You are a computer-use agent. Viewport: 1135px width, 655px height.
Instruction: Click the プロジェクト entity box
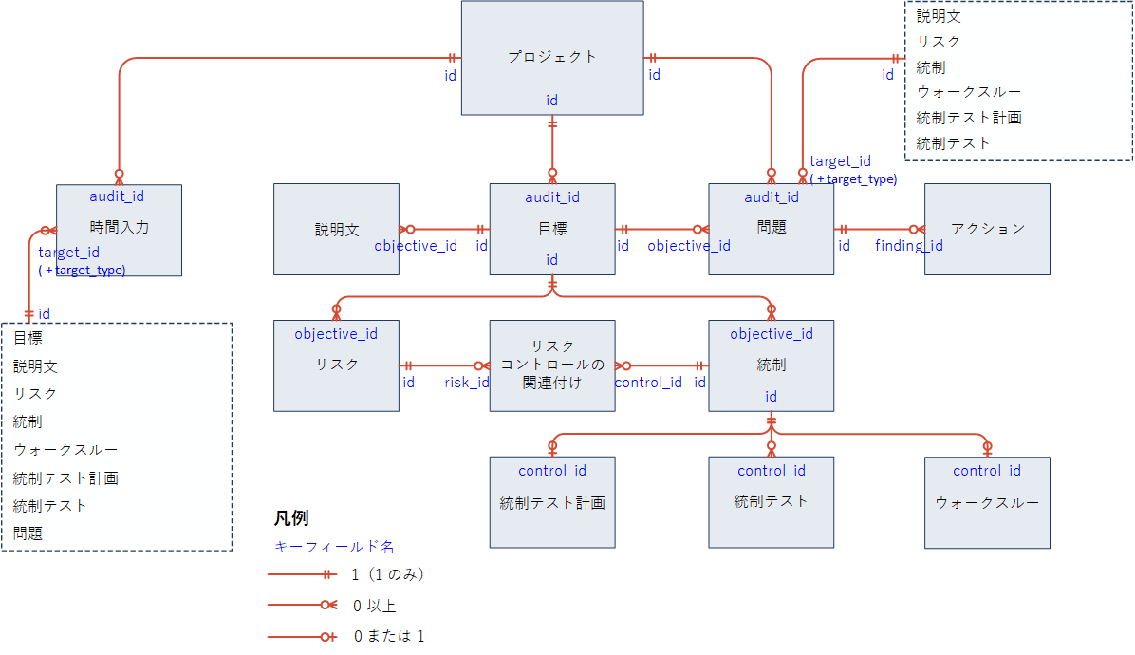coord(551,58)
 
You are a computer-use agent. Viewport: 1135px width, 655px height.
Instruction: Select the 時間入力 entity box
coord(119,229)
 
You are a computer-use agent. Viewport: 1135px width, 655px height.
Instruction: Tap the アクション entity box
coord(987,229)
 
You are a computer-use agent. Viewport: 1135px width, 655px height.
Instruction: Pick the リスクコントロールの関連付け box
coord(551,365)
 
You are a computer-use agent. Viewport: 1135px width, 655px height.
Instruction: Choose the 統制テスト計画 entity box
coord(551,502)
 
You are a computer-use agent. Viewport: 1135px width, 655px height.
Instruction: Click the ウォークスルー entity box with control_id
coord(987,502)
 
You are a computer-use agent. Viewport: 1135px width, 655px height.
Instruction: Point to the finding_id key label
coord(908,246)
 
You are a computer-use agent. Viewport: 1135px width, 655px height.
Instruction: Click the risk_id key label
coord(467,383)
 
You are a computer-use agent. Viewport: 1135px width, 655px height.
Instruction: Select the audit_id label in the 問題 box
coord(771,197)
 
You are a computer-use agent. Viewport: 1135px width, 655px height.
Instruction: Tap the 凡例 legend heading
coord(291,518)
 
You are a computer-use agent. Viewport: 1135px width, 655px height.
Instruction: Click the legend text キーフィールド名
coord(334,547)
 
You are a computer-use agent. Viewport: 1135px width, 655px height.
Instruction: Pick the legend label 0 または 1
coord(389,635)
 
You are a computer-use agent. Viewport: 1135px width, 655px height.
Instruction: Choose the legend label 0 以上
coord(374,606)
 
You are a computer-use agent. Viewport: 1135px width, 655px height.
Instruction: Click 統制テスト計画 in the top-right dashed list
coord(969,118)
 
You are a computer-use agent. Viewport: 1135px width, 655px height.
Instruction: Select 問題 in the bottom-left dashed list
coord(28,533)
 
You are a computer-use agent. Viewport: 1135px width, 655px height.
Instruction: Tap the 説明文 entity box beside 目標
coord(336,229)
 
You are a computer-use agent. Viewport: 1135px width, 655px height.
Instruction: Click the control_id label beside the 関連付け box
coord(648,383)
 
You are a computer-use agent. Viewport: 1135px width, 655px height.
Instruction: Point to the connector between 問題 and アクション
coord(879,229)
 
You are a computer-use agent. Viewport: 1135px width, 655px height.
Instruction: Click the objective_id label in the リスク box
coord(336,334)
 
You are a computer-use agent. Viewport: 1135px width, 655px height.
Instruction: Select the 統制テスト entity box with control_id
coord(771,502)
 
